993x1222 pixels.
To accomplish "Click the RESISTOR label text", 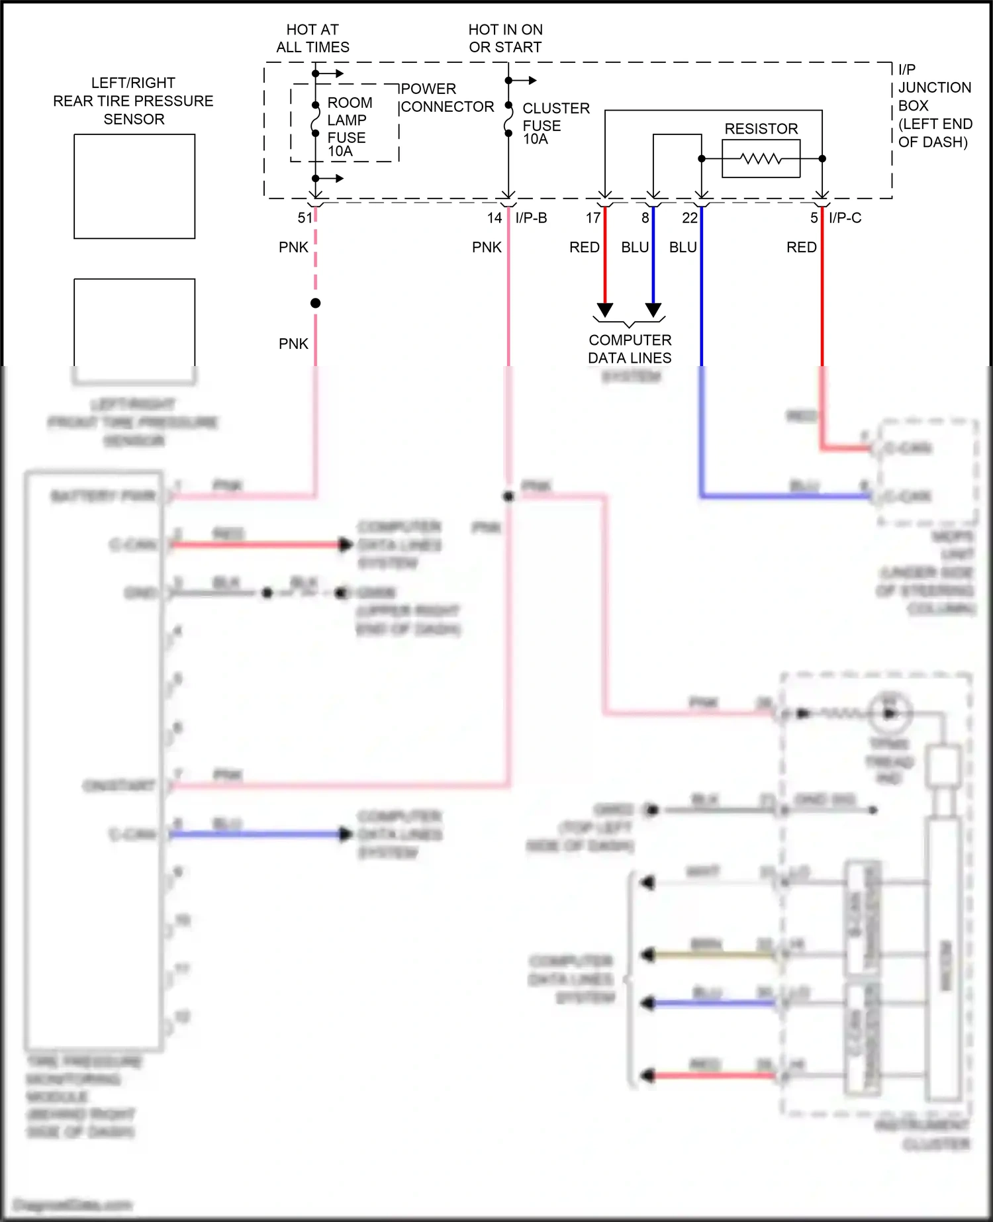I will (761, 128).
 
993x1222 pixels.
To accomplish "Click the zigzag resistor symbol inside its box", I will (761, 159).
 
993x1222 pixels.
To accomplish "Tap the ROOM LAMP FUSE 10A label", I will (350, 126).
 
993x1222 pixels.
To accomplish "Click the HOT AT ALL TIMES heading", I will (312, 38).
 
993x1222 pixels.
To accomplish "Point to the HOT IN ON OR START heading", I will (505, 38).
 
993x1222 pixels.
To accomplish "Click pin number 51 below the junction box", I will (305, 218).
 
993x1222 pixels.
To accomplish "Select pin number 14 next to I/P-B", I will (495, 218).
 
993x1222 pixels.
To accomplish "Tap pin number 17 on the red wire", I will (592, 218).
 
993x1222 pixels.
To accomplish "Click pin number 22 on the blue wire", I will (689, 218).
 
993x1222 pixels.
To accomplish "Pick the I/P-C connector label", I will (845, 218).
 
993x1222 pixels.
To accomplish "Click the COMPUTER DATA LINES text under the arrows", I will (630, 349).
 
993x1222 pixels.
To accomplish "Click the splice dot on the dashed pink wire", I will (316, 303).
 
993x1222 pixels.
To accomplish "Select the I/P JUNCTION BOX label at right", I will (934, 106).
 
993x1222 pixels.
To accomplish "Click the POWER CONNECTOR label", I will (447, 98).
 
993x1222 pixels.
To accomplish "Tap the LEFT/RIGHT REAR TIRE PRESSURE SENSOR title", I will (133, 101).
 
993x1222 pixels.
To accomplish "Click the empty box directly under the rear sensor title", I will (134, 186).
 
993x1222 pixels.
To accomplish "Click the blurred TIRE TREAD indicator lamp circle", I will (890, 712).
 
